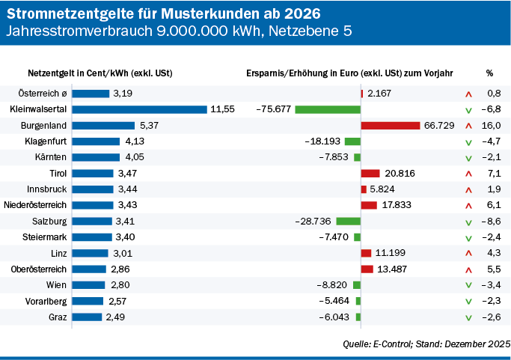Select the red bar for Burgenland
391,125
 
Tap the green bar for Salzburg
348,222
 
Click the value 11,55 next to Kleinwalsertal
222,109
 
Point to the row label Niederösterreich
35,205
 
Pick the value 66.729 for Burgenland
439,125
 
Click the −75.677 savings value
273,109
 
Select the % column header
489,73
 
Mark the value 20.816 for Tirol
400,174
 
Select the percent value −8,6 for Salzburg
491,222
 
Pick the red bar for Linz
366,253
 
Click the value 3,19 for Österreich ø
123,94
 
